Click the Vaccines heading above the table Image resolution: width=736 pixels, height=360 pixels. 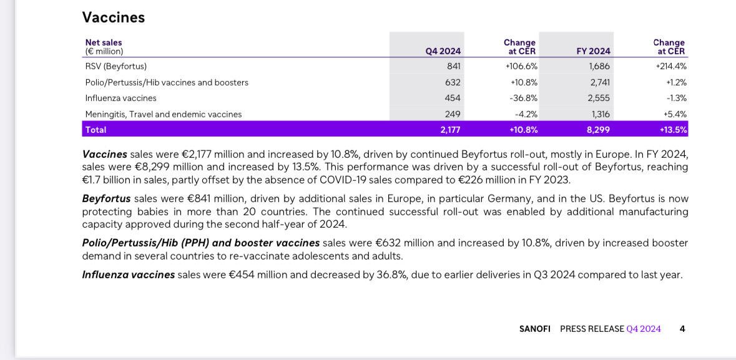pos(114,17)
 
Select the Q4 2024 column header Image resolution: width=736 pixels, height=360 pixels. pos(443,51)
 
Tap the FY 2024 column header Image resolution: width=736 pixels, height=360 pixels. pos(593,51)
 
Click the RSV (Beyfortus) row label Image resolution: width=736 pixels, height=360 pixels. pos(116,67)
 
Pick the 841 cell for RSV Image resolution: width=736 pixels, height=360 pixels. pos(454,67)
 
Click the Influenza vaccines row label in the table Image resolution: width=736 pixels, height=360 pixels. pos(120,98)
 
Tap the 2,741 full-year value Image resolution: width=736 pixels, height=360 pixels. pos(600,82)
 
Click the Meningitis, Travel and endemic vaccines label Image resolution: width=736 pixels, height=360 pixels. pos(164,114)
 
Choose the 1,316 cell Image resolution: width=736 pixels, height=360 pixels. pos(601,114)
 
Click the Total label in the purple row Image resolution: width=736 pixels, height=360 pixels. pos(96,130)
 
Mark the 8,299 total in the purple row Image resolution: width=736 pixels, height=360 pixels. pos(599,130)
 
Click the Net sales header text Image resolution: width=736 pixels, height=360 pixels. pos(104,42)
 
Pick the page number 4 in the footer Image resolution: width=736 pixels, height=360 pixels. pos(682,329)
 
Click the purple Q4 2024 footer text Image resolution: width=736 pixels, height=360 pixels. pos(644,329)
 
